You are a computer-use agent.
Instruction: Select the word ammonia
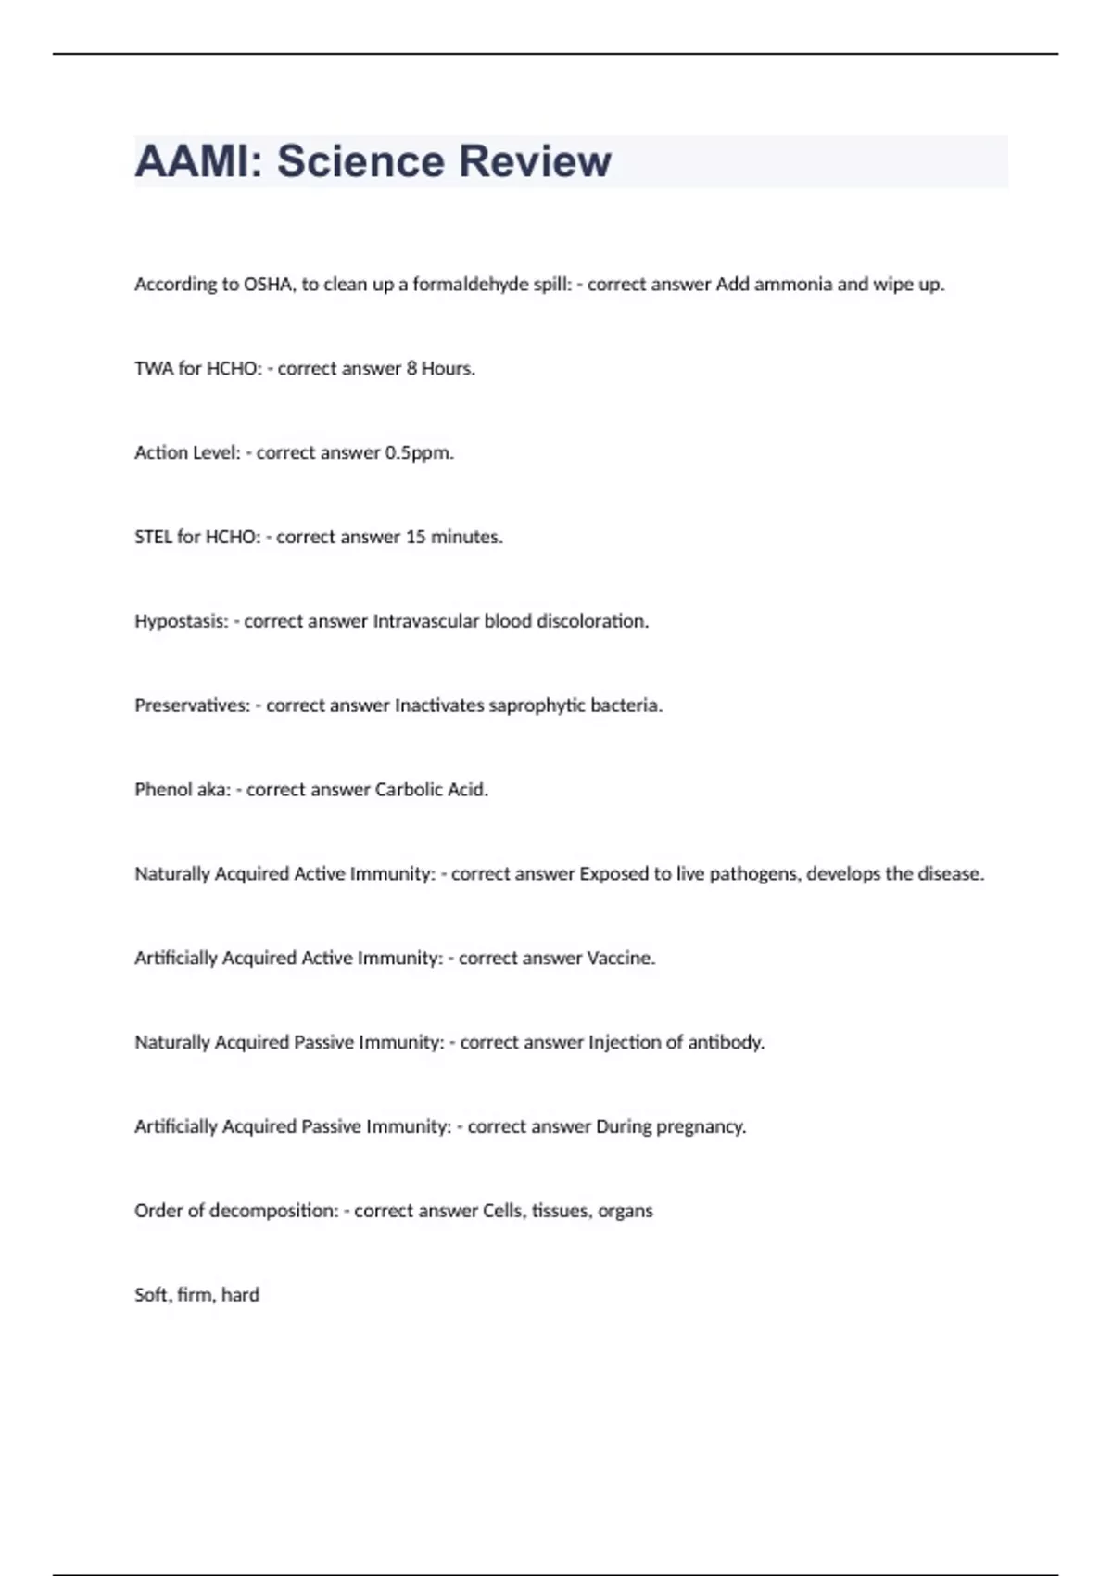(792, 285)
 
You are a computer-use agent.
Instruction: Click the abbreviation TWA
(154, 369)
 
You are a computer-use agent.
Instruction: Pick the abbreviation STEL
(153, 538)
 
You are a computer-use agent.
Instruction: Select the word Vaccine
(621, 959)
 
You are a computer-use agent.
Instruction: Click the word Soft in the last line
(151, 1295)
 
